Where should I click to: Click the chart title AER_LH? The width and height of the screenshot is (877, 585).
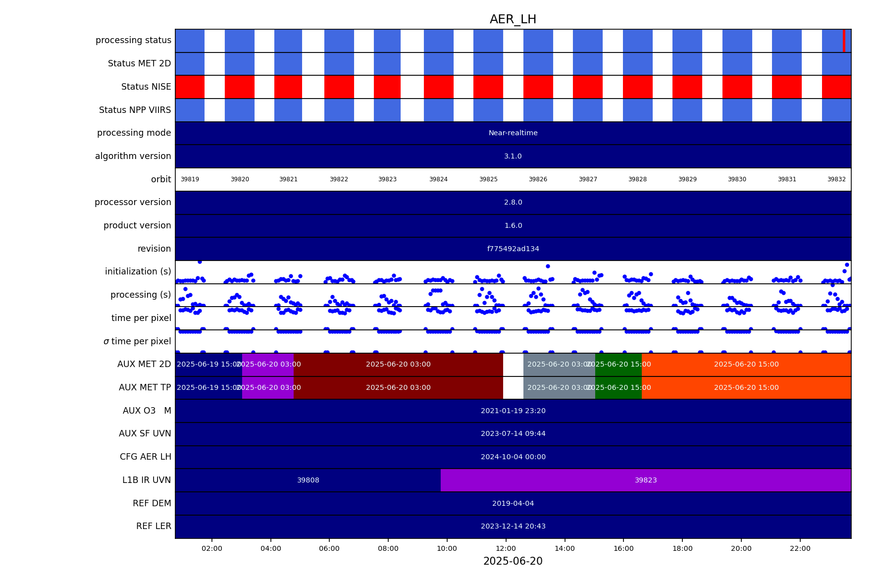(513, 20)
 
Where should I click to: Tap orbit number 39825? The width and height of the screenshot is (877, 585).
(488, 179)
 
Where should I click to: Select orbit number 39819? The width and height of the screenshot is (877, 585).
(190, 179)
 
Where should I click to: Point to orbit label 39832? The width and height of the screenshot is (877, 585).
(836, 179)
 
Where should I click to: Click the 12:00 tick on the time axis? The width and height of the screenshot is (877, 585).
(506, 548)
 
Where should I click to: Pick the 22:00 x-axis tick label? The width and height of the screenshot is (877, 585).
(800, 548)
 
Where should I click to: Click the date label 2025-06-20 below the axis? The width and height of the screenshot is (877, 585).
(513, 561)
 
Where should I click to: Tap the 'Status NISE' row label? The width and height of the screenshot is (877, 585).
(146, 87)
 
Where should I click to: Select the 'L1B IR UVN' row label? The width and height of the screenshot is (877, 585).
(147, 480)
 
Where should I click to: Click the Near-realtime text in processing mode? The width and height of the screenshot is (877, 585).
(513, 133)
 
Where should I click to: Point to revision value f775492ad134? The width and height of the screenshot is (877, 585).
(513, 249)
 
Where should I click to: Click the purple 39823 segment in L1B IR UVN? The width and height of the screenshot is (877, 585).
(646, 480)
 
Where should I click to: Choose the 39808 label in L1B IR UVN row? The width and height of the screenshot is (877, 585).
(308, 480)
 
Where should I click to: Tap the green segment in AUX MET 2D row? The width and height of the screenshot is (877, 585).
(618, 365)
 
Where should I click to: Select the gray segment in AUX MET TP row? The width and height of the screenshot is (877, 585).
(559, 388)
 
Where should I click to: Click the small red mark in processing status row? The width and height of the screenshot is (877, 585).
(844, 41)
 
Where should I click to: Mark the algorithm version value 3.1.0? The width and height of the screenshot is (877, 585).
(513, 156)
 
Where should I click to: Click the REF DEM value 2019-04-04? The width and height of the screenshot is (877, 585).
(513, 503)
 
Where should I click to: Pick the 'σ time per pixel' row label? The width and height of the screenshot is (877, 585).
(137, 341)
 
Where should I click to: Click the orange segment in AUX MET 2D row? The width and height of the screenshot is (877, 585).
(746, 365)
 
